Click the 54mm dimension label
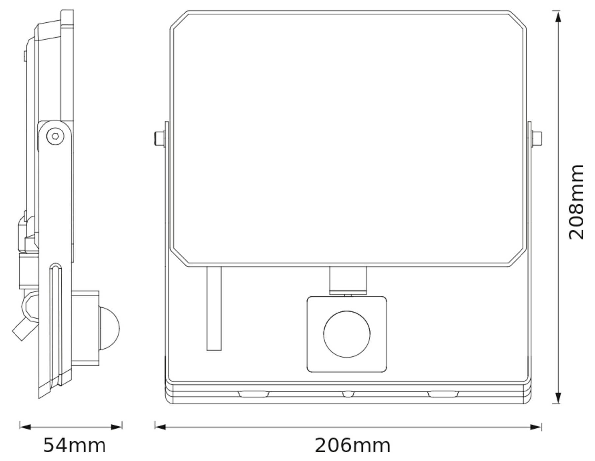coord(74,446)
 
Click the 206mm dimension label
coord(352,446)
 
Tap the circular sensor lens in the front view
coord(346,334)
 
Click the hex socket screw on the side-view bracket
coord(54,136)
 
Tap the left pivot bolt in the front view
coord(160,139)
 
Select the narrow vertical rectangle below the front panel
coord(214,308)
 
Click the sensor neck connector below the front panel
coord(347,280)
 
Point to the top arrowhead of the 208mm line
coord(558,16)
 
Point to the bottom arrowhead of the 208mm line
coord(558,398)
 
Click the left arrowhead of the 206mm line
coord(160,427)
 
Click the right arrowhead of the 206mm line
coord(536,427)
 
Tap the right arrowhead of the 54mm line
coord(117,427)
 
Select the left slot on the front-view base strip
coord(253,394)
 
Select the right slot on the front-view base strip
coord(443,394)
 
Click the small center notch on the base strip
coord(348,394)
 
